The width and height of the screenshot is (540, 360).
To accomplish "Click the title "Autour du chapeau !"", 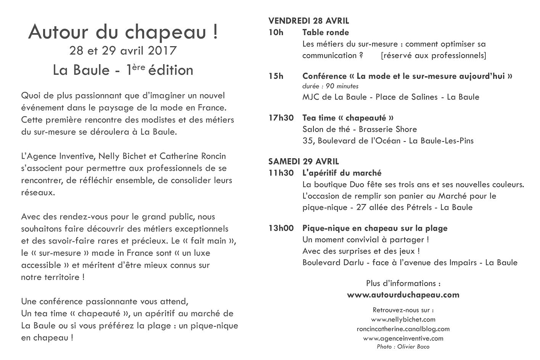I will [123, 32].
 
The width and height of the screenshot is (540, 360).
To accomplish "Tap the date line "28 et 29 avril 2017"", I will [123, 50].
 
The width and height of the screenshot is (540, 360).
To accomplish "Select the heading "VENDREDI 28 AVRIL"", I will [309, 21].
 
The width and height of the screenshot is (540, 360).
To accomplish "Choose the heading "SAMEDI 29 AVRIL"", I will [304, 162].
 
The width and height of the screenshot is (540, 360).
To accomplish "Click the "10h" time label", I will [276, 32].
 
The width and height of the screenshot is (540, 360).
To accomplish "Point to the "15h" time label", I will [276, 76].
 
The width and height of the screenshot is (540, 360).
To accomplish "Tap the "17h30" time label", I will [281, 118].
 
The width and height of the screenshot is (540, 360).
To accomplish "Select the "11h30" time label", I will [281, 173].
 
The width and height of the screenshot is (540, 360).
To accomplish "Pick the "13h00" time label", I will [281, 228].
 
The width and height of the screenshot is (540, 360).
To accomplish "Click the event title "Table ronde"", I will [325, 32].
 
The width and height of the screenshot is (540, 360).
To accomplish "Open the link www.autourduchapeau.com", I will [403, 295].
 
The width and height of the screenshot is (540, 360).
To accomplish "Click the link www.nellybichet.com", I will [403, 320].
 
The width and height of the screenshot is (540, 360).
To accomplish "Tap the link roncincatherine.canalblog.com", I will [403, 329].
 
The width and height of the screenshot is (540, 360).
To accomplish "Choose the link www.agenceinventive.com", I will [403, 338].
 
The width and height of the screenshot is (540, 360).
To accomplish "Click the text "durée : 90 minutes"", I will [330, 86].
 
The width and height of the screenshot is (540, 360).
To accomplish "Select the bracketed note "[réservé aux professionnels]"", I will [433, 55].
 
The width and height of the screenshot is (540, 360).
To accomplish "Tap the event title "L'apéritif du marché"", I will [342, 173].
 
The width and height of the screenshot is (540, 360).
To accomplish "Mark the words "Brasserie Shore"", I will [388, 129].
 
